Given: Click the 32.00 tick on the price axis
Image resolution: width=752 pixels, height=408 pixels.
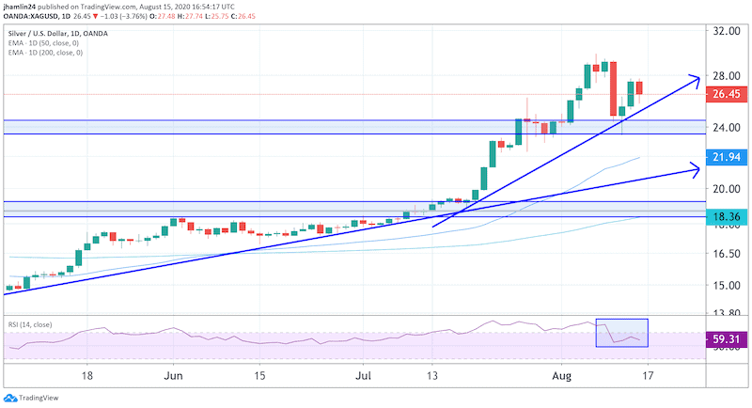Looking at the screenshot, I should click(x=724, y=30).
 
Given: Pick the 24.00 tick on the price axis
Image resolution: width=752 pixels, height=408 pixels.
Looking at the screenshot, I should click(x=724, y=128).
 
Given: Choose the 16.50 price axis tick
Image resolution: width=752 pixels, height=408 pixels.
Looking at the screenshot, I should click(x=724, y=254).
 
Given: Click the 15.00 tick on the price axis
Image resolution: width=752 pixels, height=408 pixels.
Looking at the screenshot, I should click(x=724, y=285).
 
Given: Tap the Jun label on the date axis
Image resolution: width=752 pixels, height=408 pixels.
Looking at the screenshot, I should click(x=174, y=373).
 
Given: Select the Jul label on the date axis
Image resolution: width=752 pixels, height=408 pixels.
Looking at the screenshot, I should click(x=363, y=373).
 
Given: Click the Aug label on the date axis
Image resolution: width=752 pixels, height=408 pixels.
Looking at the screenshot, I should click(x=560, y=373).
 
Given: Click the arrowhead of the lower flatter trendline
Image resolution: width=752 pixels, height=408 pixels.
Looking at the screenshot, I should click(x=695, y=169).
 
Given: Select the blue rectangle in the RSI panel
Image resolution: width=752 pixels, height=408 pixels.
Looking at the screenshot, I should click(x=621, y=333).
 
